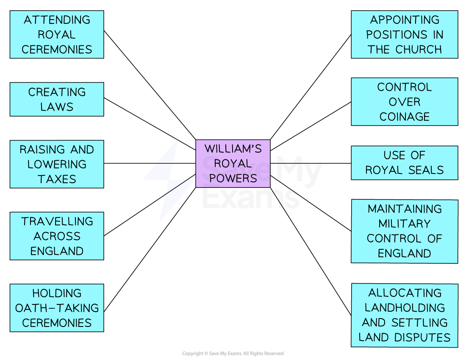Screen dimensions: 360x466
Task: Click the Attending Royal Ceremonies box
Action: coord(57,34)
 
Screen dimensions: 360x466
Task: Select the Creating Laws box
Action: coord(57,99)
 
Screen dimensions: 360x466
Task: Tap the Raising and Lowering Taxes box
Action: coord(57,164)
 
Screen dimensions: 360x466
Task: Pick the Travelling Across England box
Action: coord(57,236)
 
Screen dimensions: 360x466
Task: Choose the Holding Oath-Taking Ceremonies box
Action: coord(57,308)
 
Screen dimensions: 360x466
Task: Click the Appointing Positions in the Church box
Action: coord(404,34)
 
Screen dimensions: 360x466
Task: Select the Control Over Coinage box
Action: coord(404,102)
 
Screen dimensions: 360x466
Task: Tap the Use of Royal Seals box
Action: coord(404,163)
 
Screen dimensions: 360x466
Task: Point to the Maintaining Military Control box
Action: coord(404,231)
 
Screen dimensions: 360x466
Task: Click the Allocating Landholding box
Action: coord(404,315)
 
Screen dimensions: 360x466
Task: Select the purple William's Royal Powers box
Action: coord(233,163)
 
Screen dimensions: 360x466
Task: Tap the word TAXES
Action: coord(57,179)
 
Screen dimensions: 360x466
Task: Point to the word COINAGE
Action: coord(404,117)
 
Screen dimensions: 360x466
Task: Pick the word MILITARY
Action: coord(404,223)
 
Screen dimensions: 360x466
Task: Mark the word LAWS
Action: coord(57,107)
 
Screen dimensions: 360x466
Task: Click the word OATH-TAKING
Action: coord(57,308)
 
